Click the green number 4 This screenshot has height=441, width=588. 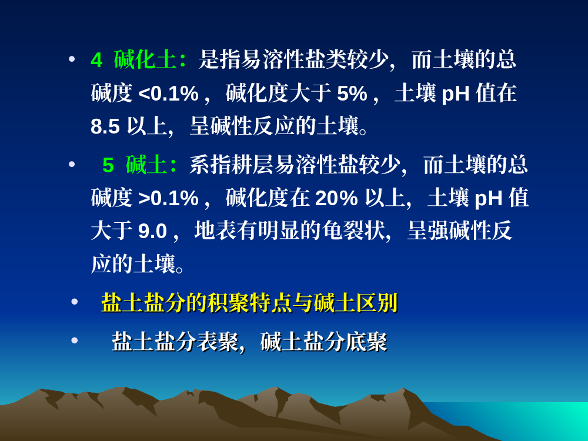pos(96,60)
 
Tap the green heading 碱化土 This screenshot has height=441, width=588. pos(145,59)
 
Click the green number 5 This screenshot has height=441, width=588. pos(108,165)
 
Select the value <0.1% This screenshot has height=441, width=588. pos(168,93)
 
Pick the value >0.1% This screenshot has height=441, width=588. pos(168,198)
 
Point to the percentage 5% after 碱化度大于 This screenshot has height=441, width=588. pos(352,93)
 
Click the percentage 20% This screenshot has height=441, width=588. pos(336,198)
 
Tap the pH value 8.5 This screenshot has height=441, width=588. pos(105,126)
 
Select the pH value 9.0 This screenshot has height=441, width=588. pos(152,230)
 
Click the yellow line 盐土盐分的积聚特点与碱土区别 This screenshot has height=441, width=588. pos(249,303)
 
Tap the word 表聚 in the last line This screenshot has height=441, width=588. pos(218,342)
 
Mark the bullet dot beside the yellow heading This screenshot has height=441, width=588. pos(74,302)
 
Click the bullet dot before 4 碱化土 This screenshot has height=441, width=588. pos(72,59)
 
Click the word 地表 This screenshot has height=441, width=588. pos(215,230)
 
